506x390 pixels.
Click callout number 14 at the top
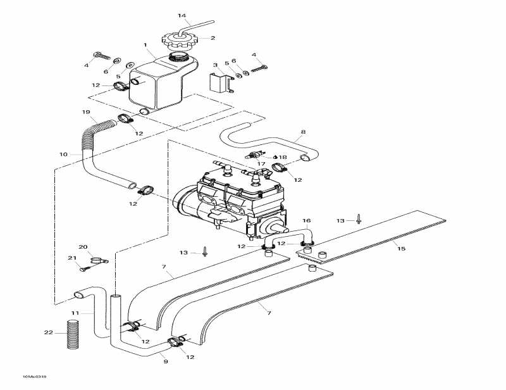(x=182, y=15)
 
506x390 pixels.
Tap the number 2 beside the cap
(x=213, y=37)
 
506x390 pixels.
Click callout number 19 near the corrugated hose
(x=86, y=112)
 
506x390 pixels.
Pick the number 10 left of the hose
(x=63, y=154)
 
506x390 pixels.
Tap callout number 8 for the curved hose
(x=303, y=132)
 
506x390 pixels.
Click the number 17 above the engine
(x=261, y=163)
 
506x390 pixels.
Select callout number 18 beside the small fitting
(x=283, y=157)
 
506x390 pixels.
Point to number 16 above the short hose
(x=307, y=221)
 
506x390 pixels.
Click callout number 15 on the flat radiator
(x=401, y=249)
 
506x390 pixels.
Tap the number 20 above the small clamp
(x=82, y=246)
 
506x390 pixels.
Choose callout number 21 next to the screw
(x=71, y=258)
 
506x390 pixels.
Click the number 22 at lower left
(x=48, y=332)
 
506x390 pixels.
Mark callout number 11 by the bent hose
(x=75, y=313)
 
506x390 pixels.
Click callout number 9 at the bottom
(x=166, y=362)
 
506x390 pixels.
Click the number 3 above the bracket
(x=215, y=65)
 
